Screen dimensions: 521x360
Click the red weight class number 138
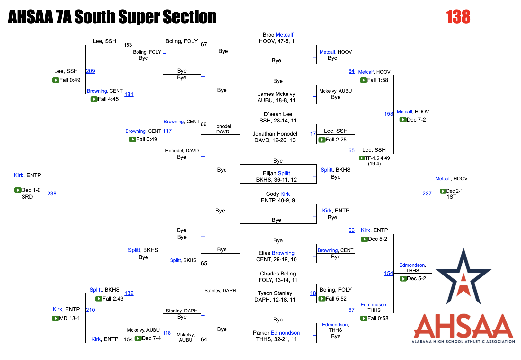coord(458,17)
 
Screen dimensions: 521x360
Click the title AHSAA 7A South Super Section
coord(112,17)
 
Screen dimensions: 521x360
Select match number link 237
coord(427,194)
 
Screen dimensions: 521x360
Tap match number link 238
coord(52,194)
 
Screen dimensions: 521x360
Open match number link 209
coord(90,71)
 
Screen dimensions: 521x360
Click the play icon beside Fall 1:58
coord(363,80)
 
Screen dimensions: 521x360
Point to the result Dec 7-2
coord(416,120)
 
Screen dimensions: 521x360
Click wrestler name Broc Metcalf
coord(278,35)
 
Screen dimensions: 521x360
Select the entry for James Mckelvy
coord(276,94)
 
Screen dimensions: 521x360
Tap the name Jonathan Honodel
coord(275,134)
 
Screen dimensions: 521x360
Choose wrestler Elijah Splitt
coord(276,173)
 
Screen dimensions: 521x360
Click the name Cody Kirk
coord(278,194)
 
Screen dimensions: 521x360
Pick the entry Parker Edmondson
coord(276,333)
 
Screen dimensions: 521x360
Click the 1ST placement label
coord(451,197)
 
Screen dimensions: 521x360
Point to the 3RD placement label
coord(27,197)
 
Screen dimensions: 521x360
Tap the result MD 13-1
coord(69,318)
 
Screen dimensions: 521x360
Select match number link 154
coord(388,273)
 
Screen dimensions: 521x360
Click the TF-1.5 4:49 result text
coord(377,158)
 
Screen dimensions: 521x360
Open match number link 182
coord(129,293)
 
